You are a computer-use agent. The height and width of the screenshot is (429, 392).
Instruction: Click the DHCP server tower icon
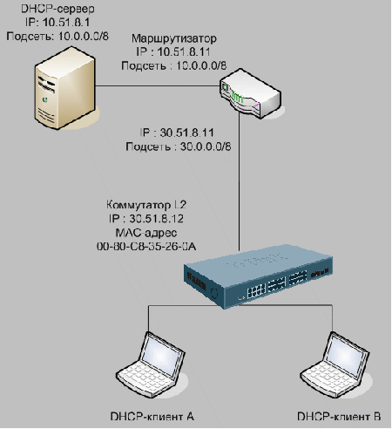pyautogui.click(x=65, y=88)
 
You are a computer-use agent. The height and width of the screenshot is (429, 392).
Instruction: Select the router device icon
pyautogui.click(x=250, y=93)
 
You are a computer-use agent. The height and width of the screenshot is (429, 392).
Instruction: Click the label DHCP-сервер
pyautogui.click(x=58, y=9)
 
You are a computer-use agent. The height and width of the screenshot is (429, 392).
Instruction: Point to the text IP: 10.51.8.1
pyautogui.click(x=57, y=23)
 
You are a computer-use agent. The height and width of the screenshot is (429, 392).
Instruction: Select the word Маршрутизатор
pyautogui.click(x=174, y=38)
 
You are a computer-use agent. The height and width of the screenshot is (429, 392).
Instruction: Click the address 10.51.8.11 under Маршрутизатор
pyautogui.click(x=184, y=52)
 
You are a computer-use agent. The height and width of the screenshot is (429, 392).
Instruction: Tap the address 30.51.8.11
pyautogui.click(x=187, y=133)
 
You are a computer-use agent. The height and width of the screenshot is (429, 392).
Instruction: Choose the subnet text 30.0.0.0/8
pyautogui.click(x=206, y=146)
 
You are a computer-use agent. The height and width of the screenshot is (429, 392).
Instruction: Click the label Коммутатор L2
pyautogui.click(x=146, y=205)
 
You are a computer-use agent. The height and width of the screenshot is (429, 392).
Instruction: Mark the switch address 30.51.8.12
pyautogui.click(x=156, y=219)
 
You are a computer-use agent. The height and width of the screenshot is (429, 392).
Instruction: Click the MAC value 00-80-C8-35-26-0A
pyautogui.click(x=146, y=247)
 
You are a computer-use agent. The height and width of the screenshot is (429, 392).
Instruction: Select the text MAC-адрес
pyautogui.click(x=146, y=233)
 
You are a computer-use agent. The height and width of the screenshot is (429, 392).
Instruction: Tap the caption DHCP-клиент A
pyautogui.click(x=152, y=417)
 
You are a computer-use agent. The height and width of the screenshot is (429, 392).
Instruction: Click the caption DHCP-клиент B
pyautogui.click(x=339, y=417)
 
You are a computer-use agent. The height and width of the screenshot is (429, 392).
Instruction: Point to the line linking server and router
pyautogui.click(x=157, y=85)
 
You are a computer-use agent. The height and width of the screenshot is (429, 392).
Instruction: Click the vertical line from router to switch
pyautogui.click(x=239, y=180)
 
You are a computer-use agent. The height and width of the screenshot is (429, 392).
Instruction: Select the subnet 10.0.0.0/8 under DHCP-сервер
pyautogui.click(x=84, y=37)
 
